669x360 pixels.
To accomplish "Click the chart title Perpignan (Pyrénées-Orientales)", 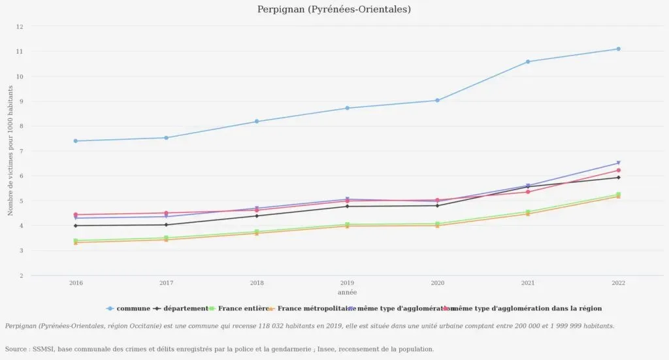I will click(x=334, y=9).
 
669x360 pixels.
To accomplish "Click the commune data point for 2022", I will click(x=618, y=49).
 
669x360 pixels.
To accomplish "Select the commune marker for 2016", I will click(x=76, y=141).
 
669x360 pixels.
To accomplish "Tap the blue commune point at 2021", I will click(x=528, y=62).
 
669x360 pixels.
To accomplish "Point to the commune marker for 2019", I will click(x=347, y=108).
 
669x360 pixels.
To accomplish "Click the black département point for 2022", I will click(x=618, y=178).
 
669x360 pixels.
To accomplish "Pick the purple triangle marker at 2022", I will click(x=618, y=163).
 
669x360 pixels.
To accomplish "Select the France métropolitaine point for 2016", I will click(x=76, y=242).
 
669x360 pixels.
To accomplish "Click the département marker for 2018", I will click(x=257, y=216).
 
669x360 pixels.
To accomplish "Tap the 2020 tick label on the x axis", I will click(x=437, y=283).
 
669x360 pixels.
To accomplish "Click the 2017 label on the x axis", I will click(x=166, y=283).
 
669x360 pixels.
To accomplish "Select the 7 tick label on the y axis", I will click(x=20, y=152).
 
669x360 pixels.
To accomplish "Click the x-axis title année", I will click(x=347, y=292).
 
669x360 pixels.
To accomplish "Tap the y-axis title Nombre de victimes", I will click(x=10, y=151).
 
